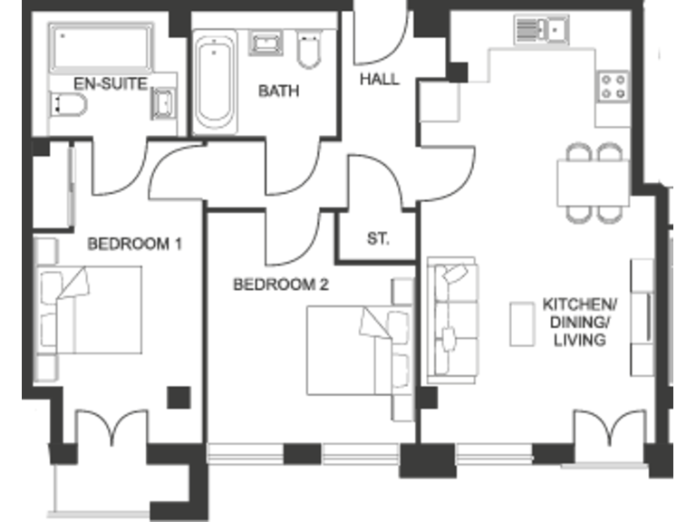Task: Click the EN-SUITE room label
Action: point(99,82)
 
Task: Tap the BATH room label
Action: point(278,91)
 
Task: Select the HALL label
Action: point(379,79)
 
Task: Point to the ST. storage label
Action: point(378,239)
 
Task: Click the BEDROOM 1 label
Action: point(135,243)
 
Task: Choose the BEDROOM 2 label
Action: point(281,285)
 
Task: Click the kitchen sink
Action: point(542,29)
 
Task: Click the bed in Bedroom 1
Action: point(91,309)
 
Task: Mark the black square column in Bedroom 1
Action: point(179,396)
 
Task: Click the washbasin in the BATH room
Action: point(266,43)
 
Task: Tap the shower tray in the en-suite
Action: point(100,46)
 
